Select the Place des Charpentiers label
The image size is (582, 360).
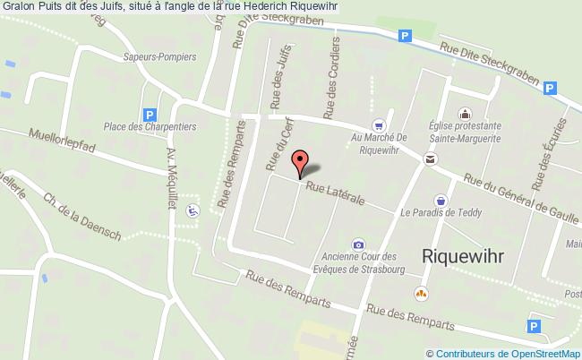pos(150,127)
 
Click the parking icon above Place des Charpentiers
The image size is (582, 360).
pos(150,114)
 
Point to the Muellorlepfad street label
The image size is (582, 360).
pos(63,142)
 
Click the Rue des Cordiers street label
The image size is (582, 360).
pos(332,78)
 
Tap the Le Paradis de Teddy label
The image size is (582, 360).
pos(441,213)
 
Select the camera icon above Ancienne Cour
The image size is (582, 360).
pos(358,244)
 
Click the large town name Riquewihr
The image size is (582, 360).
pos(462,255)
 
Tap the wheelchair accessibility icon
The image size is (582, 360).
pos(192,211)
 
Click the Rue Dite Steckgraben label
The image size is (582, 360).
pos(488,64)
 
